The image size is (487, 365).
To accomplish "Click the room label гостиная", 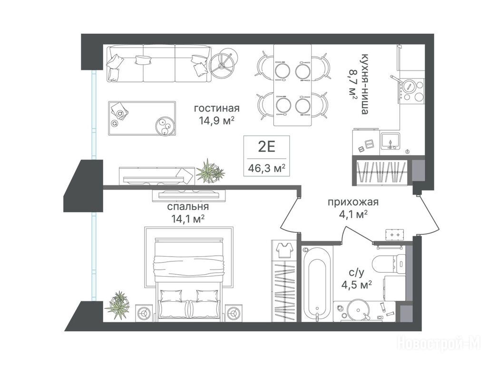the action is [217, 108].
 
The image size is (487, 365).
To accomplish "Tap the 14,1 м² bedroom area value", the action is [188, 219].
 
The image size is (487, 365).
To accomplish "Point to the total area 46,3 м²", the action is [266, 168].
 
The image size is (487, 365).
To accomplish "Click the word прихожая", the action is [353, 202].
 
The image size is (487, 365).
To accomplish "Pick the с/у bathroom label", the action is [357, 273].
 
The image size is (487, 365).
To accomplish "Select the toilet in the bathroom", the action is [389, 264].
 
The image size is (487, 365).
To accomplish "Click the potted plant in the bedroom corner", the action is [118, 306].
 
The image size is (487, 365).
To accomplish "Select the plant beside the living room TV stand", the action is [210, 172].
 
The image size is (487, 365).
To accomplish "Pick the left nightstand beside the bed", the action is [145, 313].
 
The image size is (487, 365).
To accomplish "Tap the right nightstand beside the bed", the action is [234, 313].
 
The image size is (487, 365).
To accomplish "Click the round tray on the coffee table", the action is [165, 126].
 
